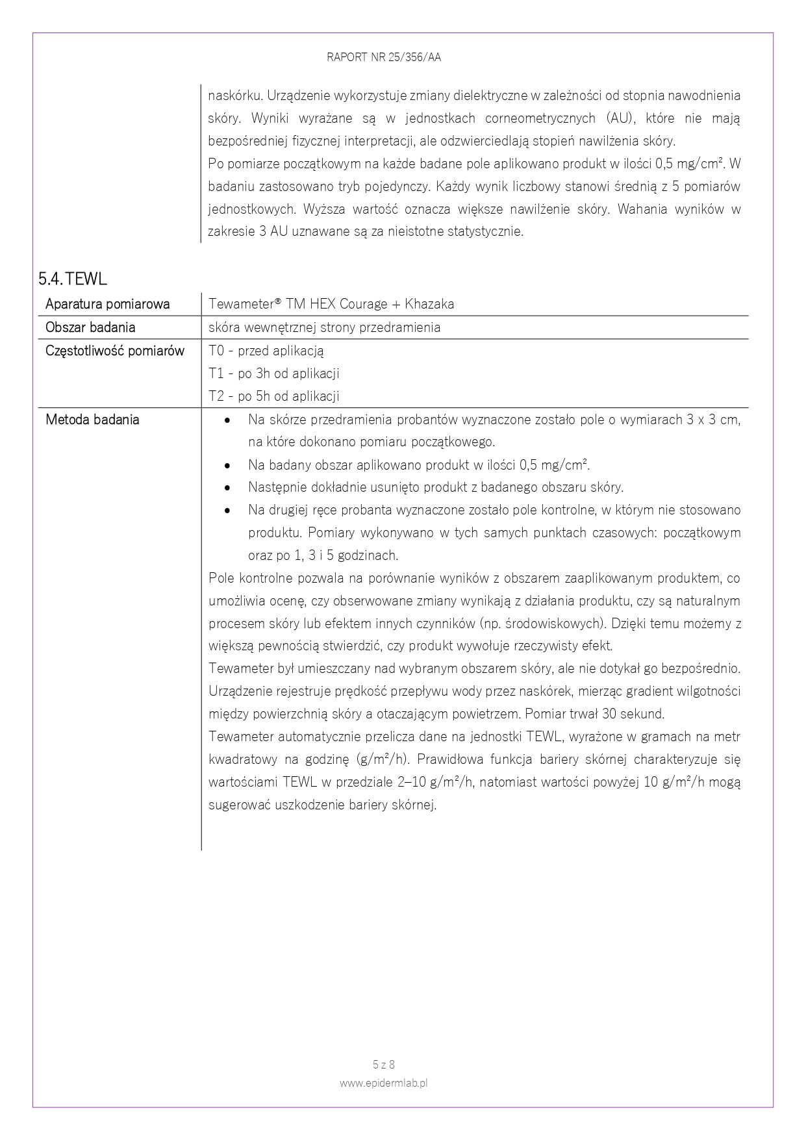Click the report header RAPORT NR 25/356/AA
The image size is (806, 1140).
[x=384, y=57]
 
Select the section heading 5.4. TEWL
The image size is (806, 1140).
[x=72, y=279]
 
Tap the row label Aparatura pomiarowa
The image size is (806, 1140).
[x=107, y=304]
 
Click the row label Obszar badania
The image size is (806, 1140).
[x=90, y=327]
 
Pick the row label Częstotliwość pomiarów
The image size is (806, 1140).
[x=115, y=351]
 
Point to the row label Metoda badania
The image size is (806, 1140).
[x=92, y=420]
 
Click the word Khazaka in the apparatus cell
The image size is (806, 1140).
[x=429, y=304]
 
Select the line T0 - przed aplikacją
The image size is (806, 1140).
[x=266, y=351]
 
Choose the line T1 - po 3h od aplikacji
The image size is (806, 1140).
[x=273, y=374]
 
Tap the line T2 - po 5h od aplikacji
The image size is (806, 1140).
[x=273, y=396]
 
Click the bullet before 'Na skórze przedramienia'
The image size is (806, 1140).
[x=227, y=420]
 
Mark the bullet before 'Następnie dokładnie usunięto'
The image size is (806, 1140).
[x=227, y=488]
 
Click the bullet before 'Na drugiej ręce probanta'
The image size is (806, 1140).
[x=227, y=511]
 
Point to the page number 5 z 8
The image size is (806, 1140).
[x=384, y=1065]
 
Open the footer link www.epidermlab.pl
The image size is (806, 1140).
[x=384, y=1083]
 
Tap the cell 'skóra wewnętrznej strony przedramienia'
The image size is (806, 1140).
[x=324, y=327]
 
